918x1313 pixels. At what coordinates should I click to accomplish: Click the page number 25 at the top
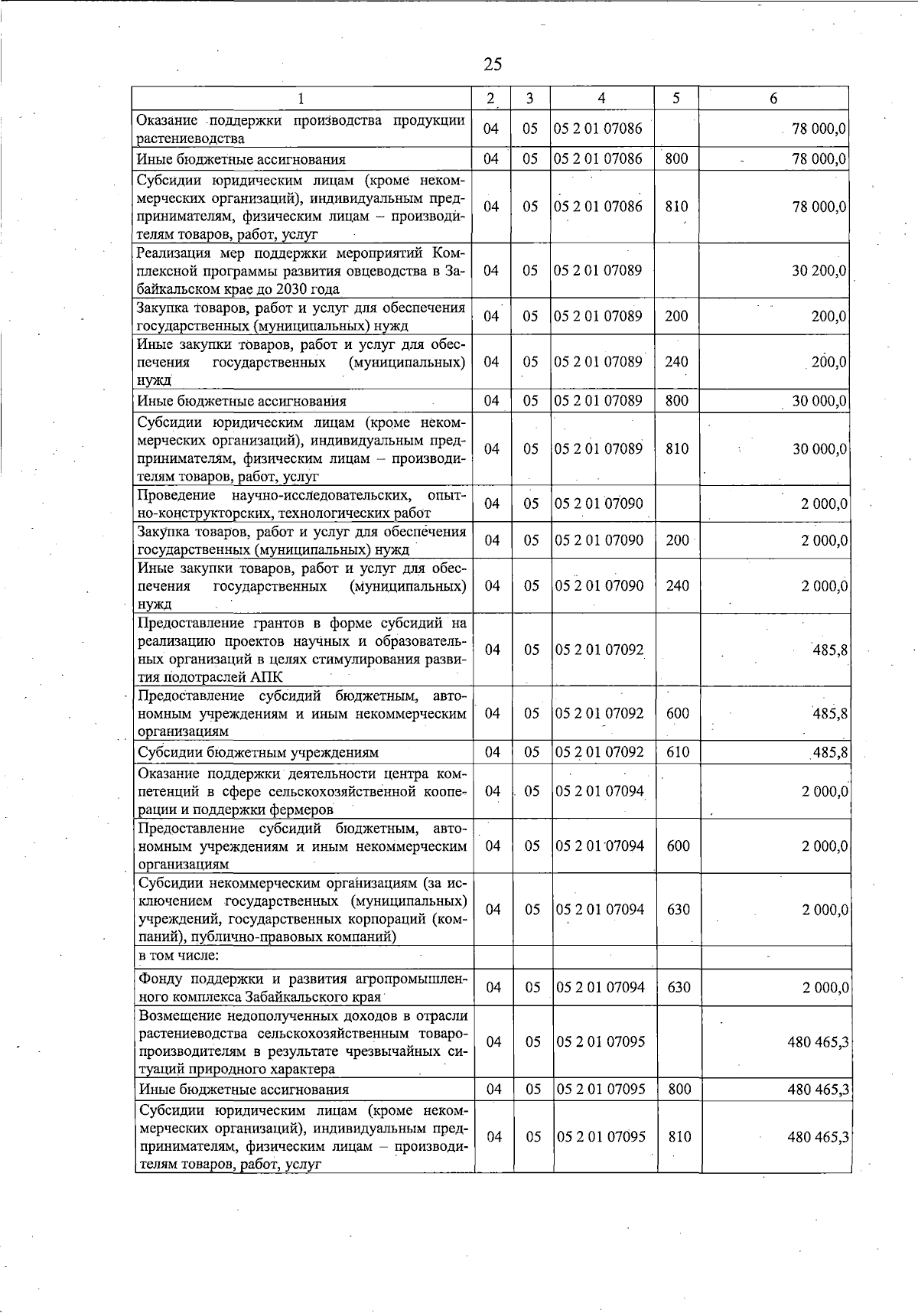[493, 64]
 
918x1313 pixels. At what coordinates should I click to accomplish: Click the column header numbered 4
[602, 98]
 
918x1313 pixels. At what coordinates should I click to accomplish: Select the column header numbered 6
[773, 98]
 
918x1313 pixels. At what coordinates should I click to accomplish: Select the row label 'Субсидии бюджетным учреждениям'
[258, 752]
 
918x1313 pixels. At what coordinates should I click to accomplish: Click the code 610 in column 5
[678, 752]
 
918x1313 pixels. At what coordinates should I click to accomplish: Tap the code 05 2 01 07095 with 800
[601, 1089]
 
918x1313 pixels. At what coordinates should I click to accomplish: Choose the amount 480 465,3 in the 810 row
[818, 1137]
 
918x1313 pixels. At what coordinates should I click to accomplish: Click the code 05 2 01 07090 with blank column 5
[599, 503]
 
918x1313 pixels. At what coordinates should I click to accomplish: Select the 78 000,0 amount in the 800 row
[819, 159]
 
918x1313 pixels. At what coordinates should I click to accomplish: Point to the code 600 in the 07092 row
[678, 713]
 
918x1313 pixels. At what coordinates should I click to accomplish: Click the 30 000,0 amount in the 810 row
[819, 449]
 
